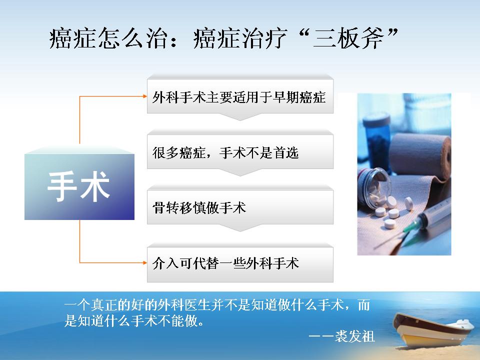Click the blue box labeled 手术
coord(79,186)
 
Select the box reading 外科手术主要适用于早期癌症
coord(240,96)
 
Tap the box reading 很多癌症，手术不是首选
coord(240,152)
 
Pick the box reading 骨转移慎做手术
coord(240,207)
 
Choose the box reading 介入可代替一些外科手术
coord(240,264)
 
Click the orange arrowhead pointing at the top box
coord(145,96)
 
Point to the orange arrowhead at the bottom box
coord(145,262)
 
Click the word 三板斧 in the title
coord(348,38)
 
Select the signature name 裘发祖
coord(355,336)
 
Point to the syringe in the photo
coord(422,223)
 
